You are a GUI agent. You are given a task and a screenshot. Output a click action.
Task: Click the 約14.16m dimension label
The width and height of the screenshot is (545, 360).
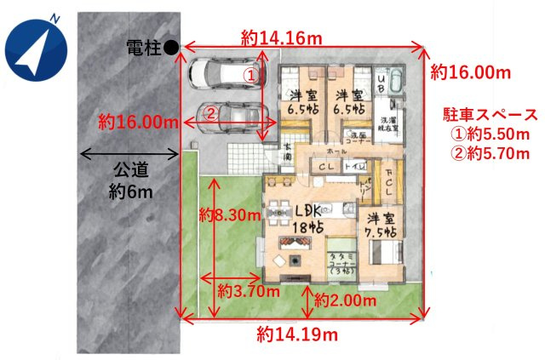click(x=281, y=37)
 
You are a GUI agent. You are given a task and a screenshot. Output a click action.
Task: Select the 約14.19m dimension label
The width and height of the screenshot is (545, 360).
click(x=296, y=334)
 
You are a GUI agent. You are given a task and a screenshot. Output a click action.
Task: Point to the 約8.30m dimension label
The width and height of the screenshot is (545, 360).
click(x=228, y=214)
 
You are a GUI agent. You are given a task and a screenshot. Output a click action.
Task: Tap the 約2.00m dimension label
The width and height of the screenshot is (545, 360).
click(x=345, y=300)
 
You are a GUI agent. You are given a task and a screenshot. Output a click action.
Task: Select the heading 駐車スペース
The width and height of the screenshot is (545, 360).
click(x=491, y=114)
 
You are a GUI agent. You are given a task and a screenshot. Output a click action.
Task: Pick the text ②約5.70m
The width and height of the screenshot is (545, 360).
click(x=491, y=155)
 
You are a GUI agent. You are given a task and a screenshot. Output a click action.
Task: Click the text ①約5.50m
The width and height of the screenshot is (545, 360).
click(x=491, y=134)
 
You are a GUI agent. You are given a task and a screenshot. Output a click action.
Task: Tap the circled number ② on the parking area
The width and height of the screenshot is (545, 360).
click(x=212, y=111)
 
